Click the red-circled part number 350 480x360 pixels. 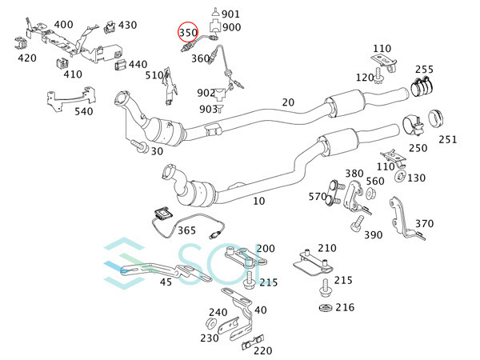188,33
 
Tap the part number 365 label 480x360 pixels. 186,230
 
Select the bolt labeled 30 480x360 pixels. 139,146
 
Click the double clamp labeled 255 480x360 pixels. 422,86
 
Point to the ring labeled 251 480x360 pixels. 436,118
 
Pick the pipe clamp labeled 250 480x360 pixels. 412,126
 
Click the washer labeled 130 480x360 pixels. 401,176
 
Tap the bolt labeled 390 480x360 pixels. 357,223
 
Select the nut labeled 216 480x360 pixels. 326,308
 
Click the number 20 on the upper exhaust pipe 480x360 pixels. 288,102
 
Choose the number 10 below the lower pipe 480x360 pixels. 258,201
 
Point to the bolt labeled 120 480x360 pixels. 379,76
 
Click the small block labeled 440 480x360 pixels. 121,66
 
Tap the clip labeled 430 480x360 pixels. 110,27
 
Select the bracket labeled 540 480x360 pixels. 71,98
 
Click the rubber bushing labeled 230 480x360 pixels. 211,323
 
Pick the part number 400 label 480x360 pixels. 64,25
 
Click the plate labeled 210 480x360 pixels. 313,263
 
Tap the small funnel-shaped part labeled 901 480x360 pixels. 215,13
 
